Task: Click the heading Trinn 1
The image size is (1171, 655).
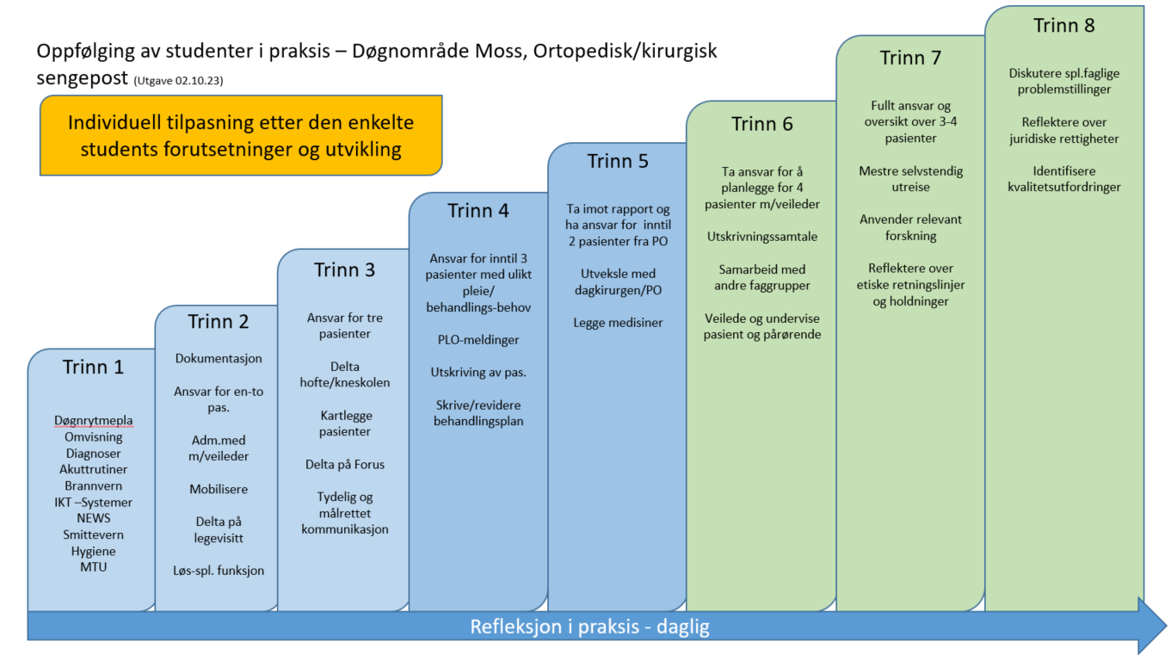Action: pyautogui.click(x=93, y=367)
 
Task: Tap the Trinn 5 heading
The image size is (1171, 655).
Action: pyautogui.click(x=618, y=161)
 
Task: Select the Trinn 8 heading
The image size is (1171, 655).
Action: pyautogui.click(x=1063, y=25)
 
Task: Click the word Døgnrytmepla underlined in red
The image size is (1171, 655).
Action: pyautogui.click(x=94, y=421)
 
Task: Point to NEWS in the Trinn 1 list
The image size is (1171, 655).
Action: pyautogui.click(x=94, y=518)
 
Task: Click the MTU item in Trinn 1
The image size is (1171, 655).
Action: pyautogui.click(x=94, y=567)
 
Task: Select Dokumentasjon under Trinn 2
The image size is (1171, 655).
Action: pyautogui.click(x=219, y=358)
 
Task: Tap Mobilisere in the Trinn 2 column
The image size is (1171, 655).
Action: pyautogui.click(x=219, y=489)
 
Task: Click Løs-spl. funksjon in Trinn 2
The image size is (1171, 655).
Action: pyautogui.click(x=219, y=571)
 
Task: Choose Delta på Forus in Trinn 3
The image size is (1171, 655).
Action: pyautogui.click(x=345, y=465)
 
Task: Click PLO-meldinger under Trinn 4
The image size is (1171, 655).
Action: pyautogui.click(x=478, y=340)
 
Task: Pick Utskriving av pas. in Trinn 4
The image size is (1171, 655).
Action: pyautogui.click(x=478, y=373)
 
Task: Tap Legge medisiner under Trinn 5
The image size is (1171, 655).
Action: pyautogui.click(x=618, y=323)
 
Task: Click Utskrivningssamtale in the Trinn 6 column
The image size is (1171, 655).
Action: pyautogui.click(x=762, y=237)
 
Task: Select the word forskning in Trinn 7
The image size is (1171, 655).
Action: pyautogui.click(x=910, y=236)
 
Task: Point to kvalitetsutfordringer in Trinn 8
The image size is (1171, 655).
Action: pyautogui.click(x=1064, y=188)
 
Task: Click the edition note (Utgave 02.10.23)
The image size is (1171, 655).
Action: pyautogui.click(x=178, y=81)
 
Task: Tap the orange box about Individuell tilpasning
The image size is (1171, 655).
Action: pyautogui.click(x=241, y=135)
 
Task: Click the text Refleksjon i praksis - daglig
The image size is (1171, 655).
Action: pyautogui.click(x=589, y=627)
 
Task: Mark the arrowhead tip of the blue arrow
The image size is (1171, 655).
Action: pyautogui.click(x=1167, y=626)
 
